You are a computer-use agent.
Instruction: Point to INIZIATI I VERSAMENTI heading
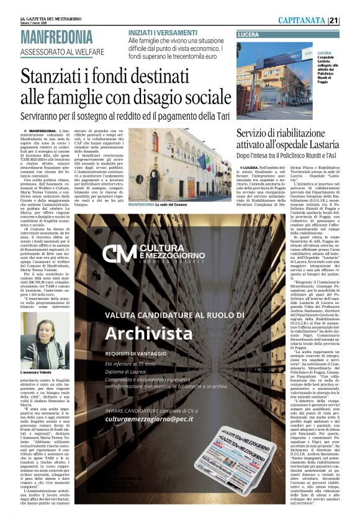coord(163,32)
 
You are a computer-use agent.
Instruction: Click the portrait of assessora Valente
coord(37,342)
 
